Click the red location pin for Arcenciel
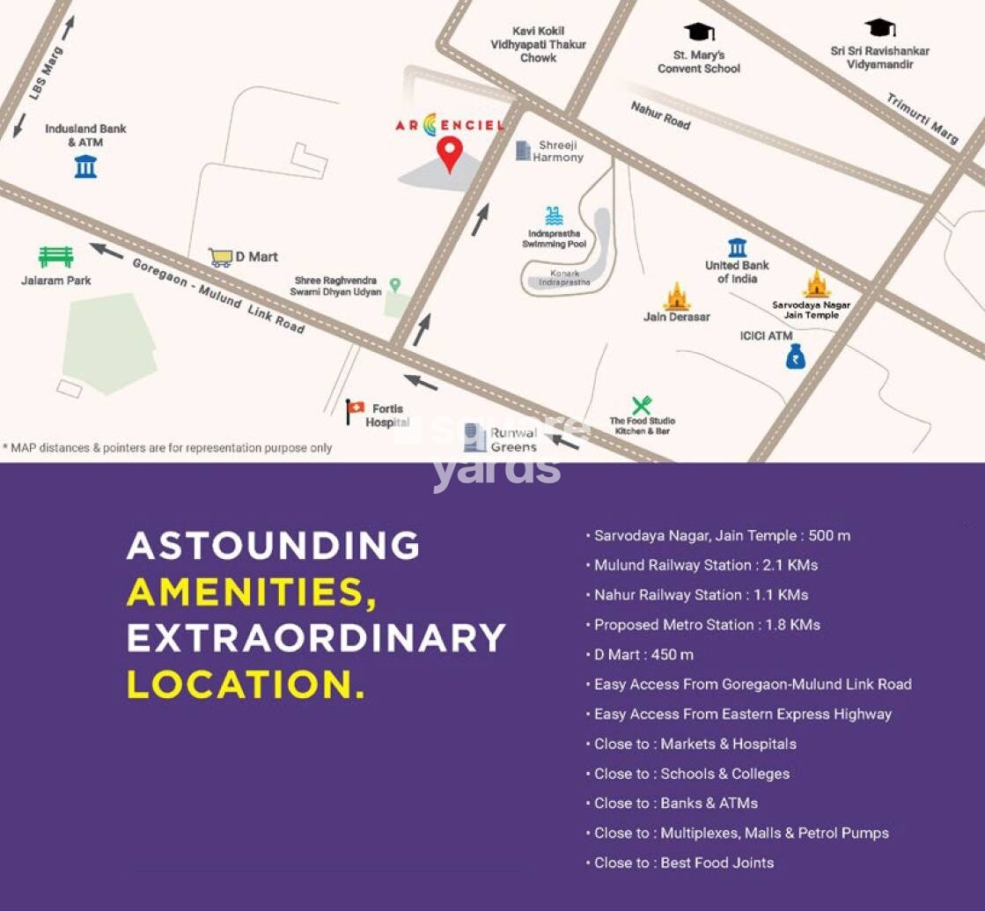[450, 153]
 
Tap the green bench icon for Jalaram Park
[55, 256]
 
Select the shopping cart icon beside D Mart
[220, 257]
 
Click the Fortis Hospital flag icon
[356, 408]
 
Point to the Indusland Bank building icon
[85, 165]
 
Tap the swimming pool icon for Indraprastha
[554, 216]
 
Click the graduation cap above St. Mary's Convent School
[699, 32]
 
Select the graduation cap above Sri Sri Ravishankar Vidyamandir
[879, 28]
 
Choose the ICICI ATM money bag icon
[796, 356]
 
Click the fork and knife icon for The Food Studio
[642, 405]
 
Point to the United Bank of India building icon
[738, 247]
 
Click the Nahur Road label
[660, 115]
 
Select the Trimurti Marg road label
[922, 118]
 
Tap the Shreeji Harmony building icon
[523, 151]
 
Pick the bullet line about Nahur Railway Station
[701, 595]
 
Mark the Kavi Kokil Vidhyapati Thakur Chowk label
[538, 44]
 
